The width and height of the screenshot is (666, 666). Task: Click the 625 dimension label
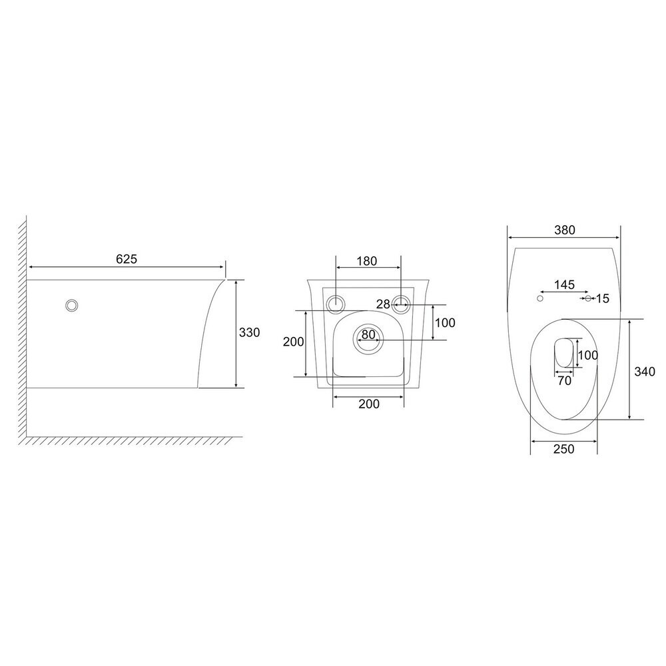point(127,258)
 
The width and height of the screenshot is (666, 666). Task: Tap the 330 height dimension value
point(249,332)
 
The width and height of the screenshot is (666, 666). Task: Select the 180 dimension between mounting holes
point(366,261)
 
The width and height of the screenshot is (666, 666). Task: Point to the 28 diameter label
point(383,304)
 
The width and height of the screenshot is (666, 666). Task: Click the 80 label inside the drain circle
point(368,335)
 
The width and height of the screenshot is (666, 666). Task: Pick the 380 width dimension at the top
point(565,230)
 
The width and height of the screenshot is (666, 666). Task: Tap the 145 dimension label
point(565,284)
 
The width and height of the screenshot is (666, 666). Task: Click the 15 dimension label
point(602,298)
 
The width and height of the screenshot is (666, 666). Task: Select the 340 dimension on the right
point(645,372)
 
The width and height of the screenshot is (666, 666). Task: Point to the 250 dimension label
point(564,449)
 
